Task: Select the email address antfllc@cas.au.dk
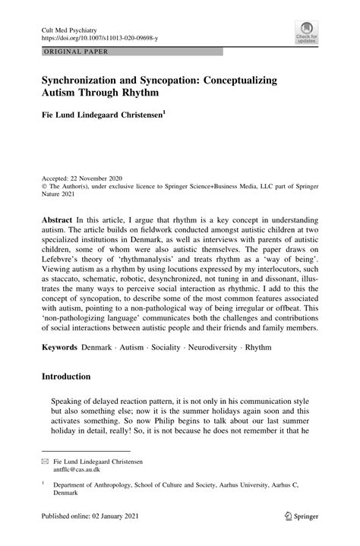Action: (x=73, y=470)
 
